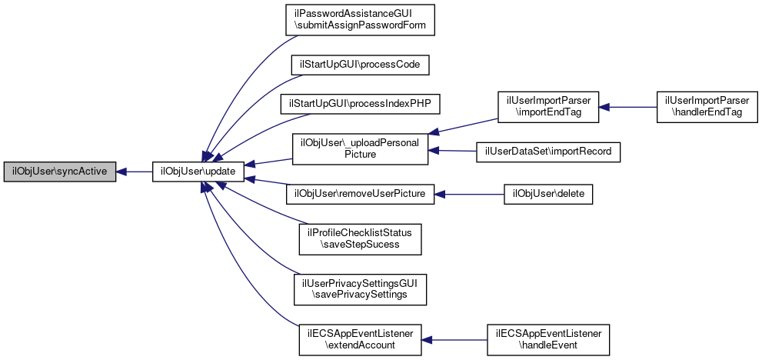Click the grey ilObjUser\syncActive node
[x=60, y=172]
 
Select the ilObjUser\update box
[x=198, y=172]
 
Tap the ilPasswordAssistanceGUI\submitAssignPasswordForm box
[x=360, y=19]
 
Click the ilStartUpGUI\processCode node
[x=360, y=64]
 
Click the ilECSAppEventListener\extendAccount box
[x=360, y=339]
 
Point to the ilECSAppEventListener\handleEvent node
[x=548, y=339]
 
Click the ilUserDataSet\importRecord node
[x=548, y=152]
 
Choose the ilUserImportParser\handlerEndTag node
[x=707, y=107]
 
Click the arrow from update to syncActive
[x=135, y=172]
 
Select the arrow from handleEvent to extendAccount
[x=454, y=339]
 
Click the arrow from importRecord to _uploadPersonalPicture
[x=454, y=151]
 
